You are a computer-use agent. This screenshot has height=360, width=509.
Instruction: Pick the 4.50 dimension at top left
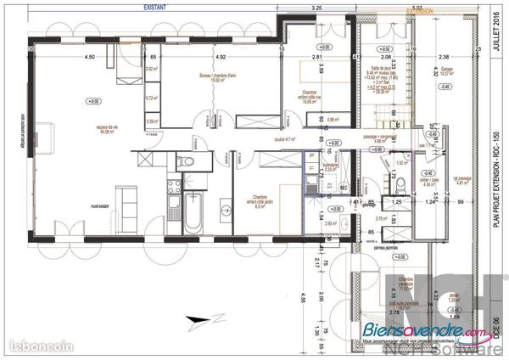(89, 57)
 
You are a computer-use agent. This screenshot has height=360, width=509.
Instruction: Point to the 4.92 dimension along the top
(221, 57)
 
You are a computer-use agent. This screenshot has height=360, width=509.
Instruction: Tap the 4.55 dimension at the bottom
(301, 298)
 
